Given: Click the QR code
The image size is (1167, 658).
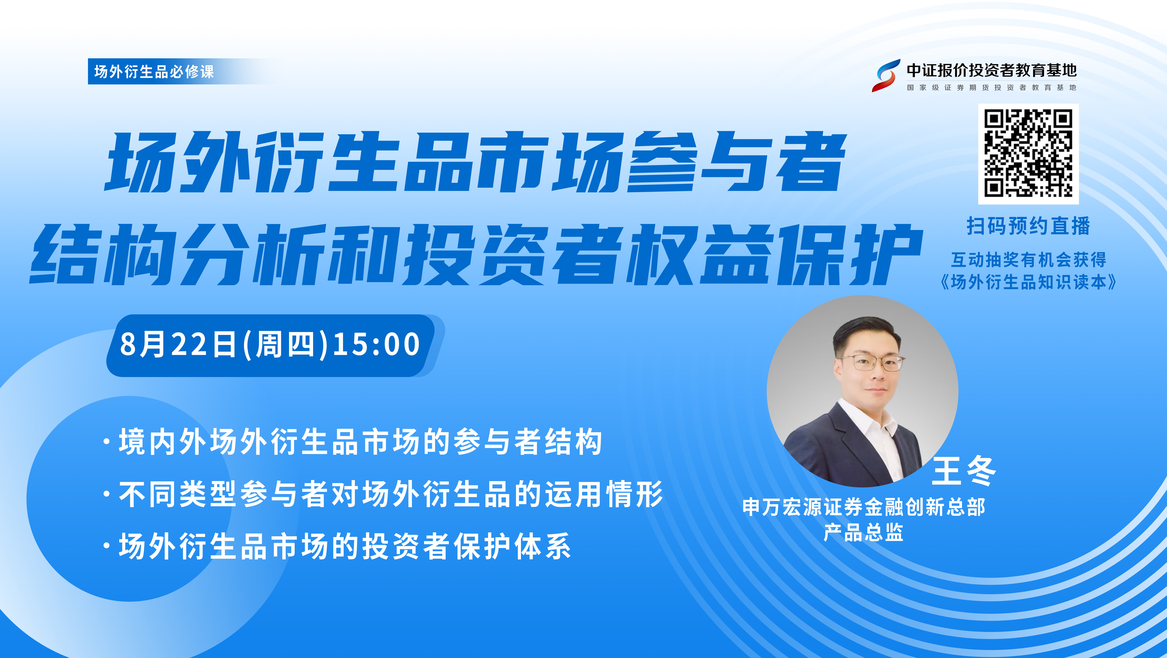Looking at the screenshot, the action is (x=1028, y=154).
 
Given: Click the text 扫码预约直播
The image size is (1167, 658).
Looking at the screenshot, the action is (x=1028, y=226).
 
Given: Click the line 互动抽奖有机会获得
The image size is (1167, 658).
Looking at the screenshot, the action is (x=1028, y=260).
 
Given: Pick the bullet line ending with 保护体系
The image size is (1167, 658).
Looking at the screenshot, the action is (x=337, y=546).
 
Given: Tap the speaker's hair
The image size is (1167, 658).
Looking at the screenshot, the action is (x=865, y=333).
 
